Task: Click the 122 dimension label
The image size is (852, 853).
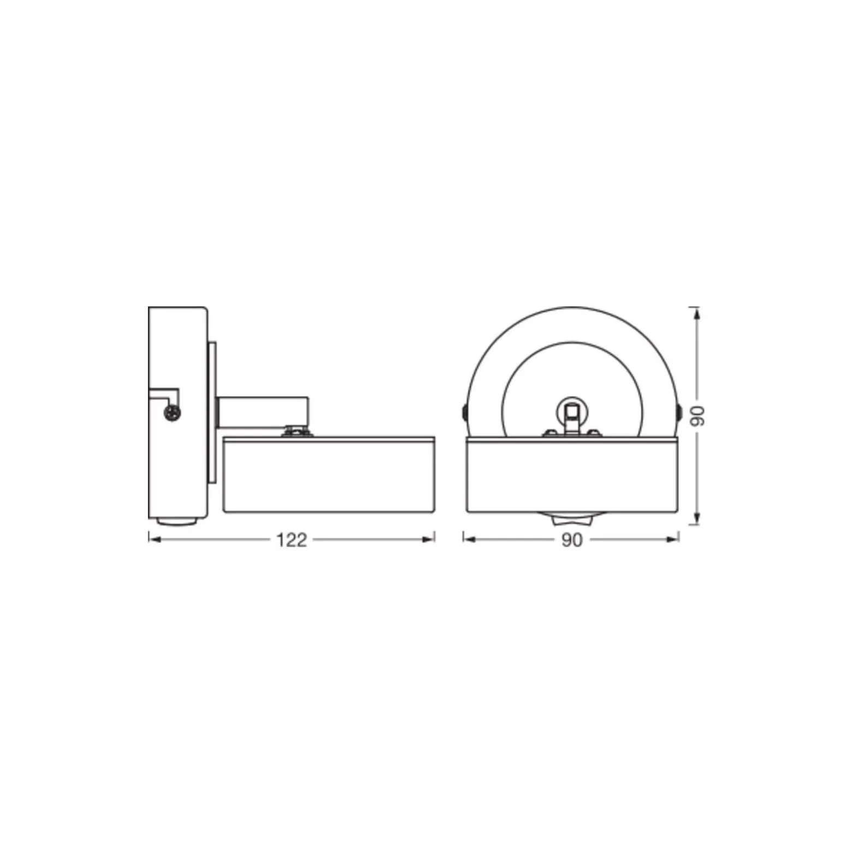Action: point(292,540)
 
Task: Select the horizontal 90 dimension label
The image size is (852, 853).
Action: point(572,540)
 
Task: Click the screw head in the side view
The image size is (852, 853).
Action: point(173,413)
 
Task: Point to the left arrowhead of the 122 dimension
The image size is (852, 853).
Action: point(155,539)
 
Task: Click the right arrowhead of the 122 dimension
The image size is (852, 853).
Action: point(429,539)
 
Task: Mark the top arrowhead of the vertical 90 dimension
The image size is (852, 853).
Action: point(695,314)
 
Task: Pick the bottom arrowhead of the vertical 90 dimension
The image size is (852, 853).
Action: point(695,518)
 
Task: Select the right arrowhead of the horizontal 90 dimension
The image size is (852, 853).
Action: point(672,539)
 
